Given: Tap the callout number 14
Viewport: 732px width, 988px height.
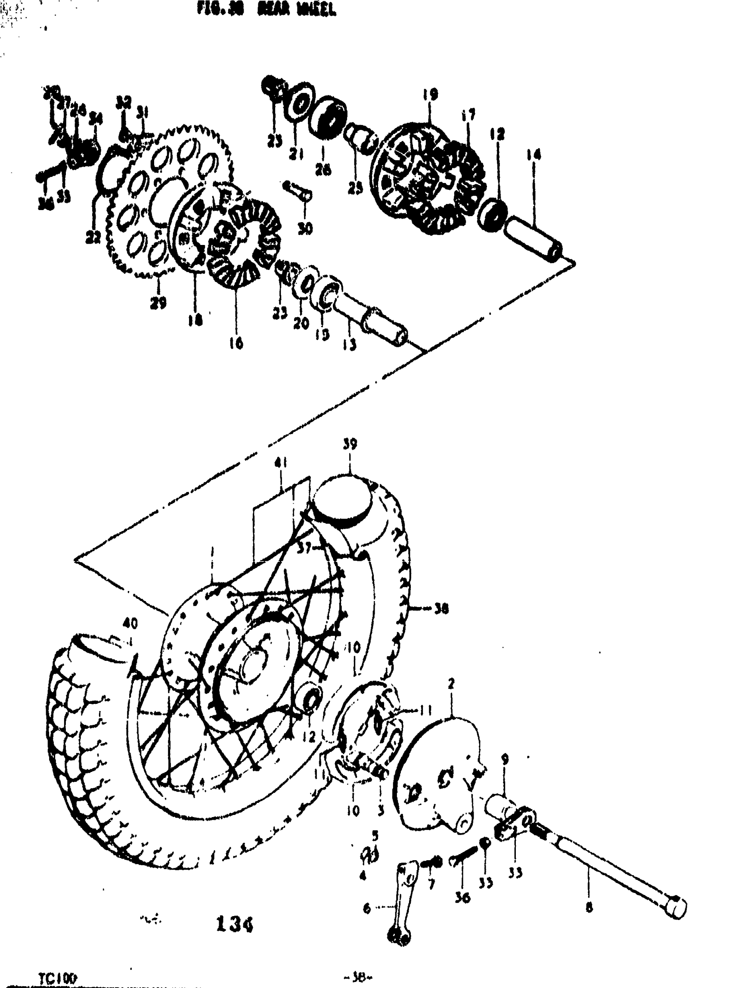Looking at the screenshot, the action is coord(533,155).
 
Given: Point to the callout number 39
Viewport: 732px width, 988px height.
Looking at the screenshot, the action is coord(350,444).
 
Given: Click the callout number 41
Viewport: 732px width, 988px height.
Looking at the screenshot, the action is coord(280,463).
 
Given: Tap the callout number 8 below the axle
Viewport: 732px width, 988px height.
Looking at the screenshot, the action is coord(589,908).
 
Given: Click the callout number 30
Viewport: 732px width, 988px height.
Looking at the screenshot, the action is coord(305,228).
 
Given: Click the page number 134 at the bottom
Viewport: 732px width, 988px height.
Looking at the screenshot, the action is coord(235,925).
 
